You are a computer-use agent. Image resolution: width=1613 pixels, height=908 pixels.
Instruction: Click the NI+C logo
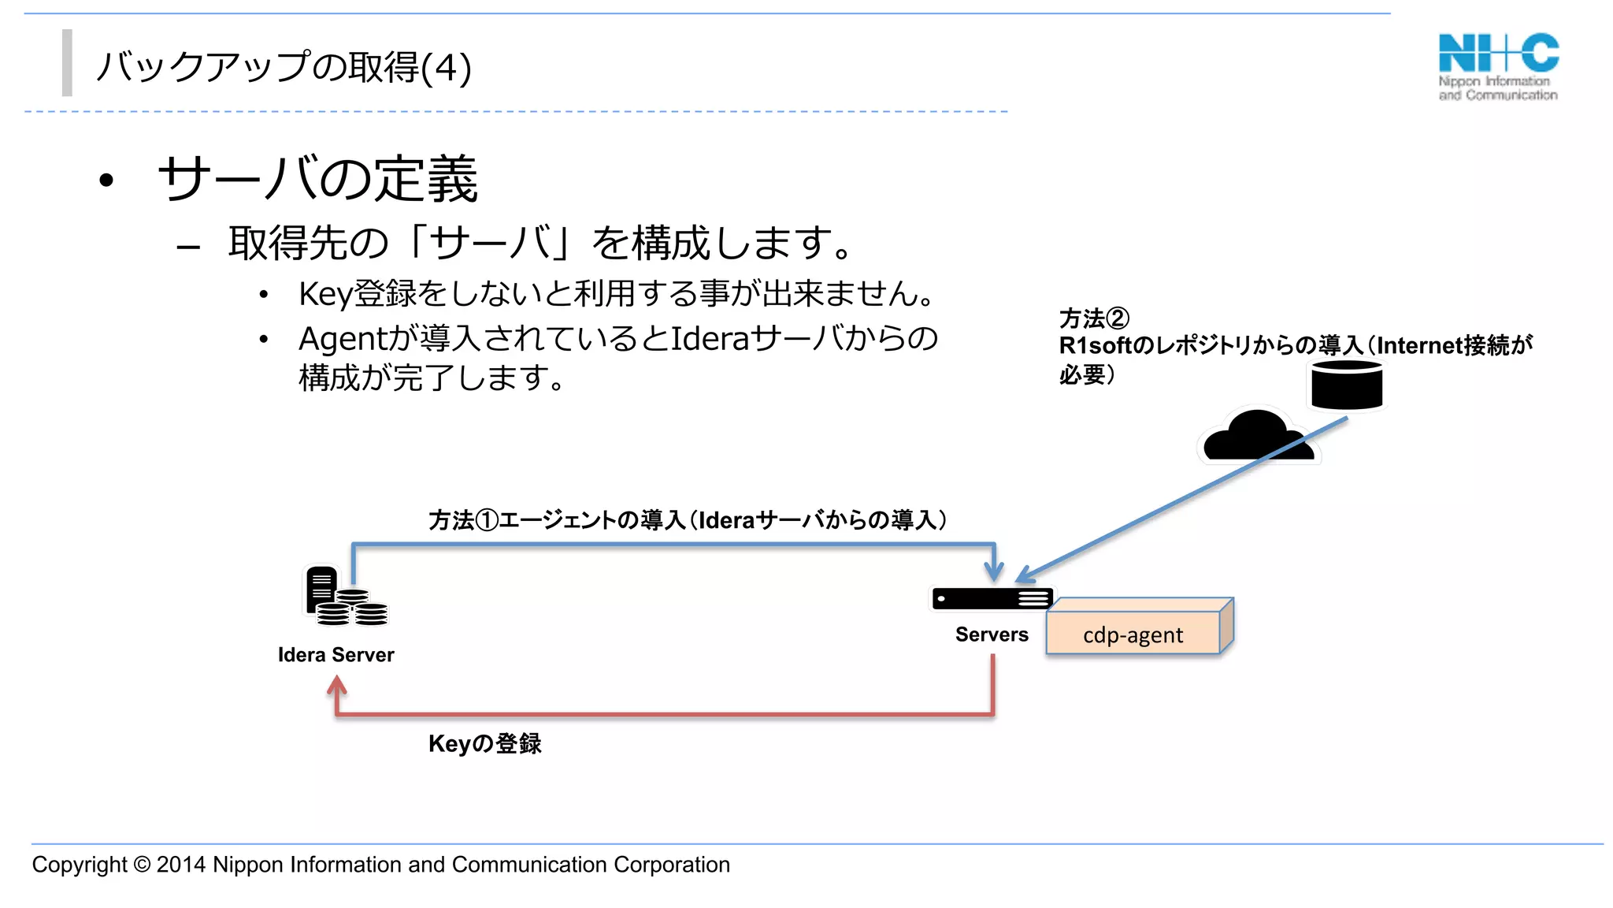1498,66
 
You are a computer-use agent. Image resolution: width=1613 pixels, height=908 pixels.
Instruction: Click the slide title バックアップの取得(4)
284,67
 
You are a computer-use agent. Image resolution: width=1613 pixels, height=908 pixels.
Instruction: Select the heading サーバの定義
318,179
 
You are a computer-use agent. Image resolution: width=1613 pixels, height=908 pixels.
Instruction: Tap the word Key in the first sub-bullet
325,294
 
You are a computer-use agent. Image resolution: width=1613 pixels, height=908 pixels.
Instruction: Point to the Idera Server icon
345,596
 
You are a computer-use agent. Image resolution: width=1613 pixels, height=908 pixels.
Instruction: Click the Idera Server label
336,654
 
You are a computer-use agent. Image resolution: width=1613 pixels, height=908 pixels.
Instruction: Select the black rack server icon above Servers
992,599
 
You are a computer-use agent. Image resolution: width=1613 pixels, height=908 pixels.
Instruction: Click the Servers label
992,634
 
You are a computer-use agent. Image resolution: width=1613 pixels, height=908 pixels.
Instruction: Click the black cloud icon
1257,437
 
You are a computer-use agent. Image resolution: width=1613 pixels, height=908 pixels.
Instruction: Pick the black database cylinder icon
1347,385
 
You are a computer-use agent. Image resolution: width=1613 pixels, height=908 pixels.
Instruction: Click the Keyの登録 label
484,743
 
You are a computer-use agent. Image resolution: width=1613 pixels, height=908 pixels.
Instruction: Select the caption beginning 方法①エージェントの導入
688,520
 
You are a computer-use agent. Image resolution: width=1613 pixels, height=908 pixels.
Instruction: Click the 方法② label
1094,318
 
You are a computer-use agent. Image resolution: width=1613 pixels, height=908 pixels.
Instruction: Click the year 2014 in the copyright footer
181,865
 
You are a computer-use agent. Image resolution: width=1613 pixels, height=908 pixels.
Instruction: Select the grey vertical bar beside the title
68,63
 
